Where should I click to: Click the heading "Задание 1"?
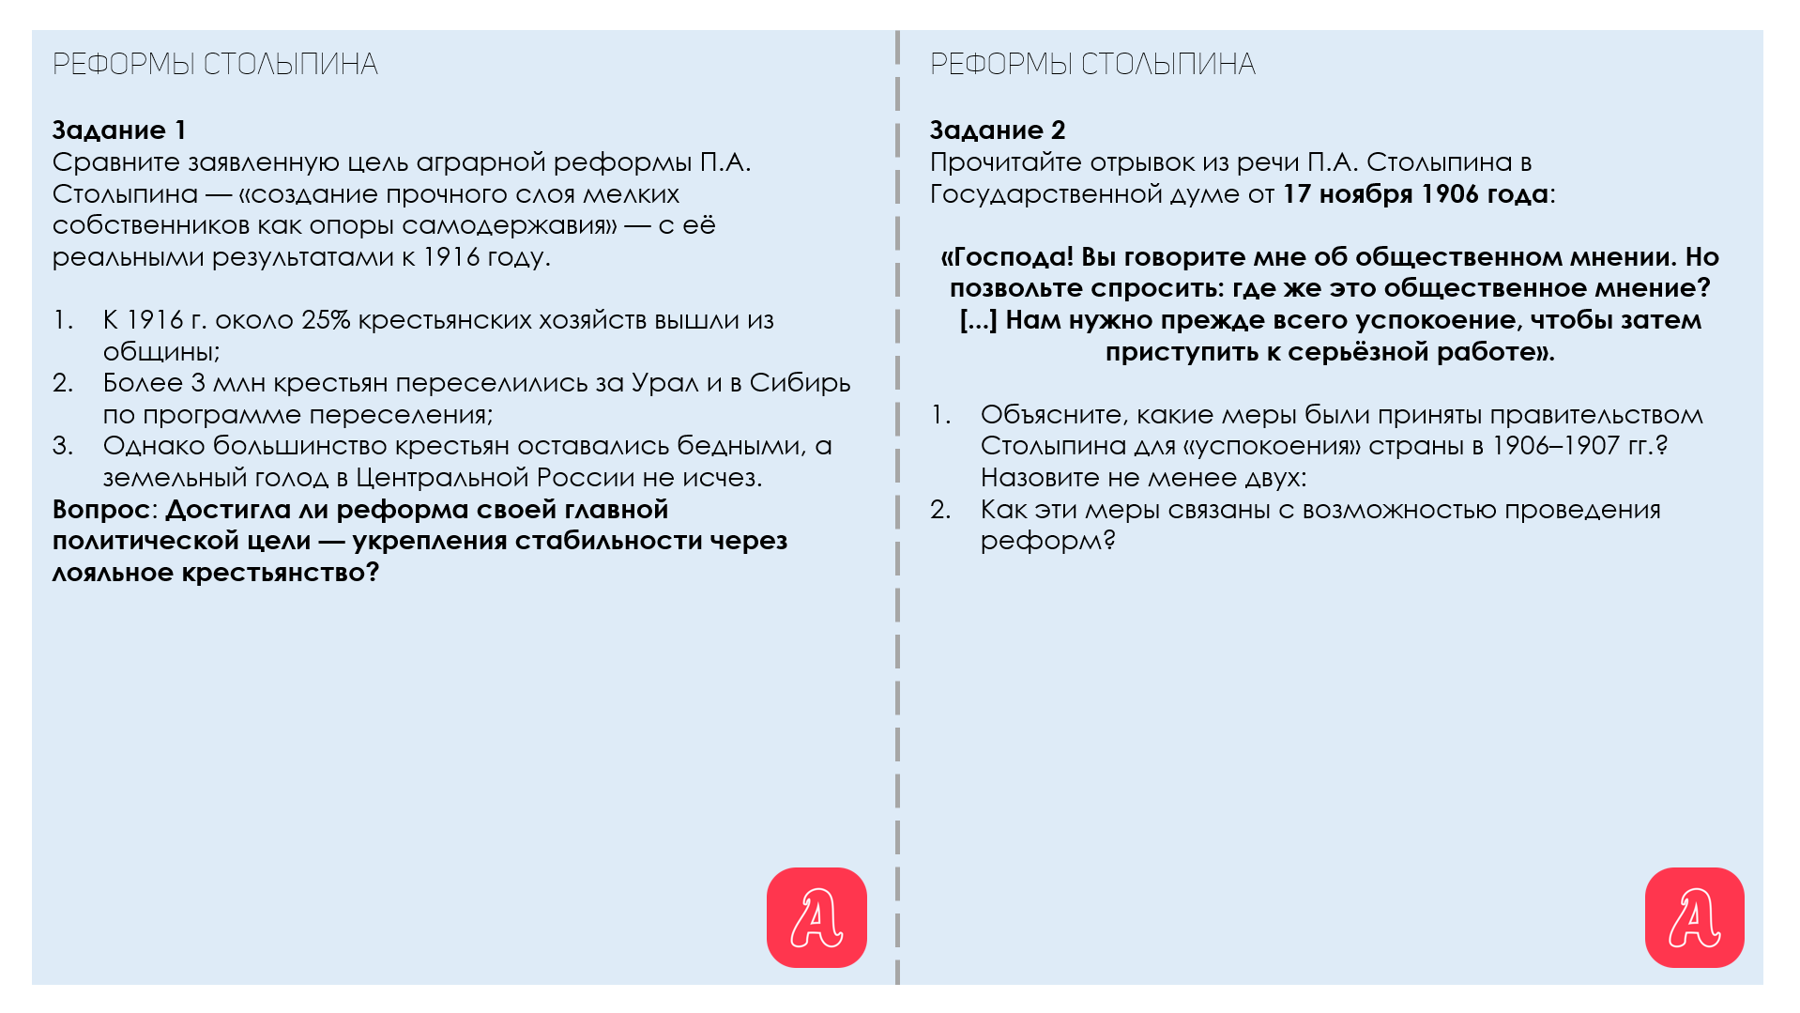pyautogui.click(x=119, y=130)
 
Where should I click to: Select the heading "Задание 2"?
pyautogui.click(x=997, y=130)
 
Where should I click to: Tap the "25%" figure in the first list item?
pyautogui.click(x=326, y=320)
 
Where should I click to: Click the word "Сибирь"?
pyautogui.click(x=800, y=383)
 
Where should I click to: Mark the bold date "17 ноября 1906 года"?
pyautogui.click(x=1415, y=194)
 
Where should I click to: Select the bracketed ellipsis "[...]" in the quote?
pyautogui.click(x=978, y=320)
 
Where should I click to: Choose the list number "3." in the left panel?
pyautogui.click(x=63, y=446)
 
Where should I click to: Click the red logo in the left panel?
pyautogui.click(x=816, y=917)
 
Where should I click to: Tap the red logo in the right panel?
pyautogui.click(x=1694, y=917)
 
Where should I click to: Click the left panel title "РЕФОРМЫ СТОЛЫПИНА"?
pyautogui.click(x=215, y=64)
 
